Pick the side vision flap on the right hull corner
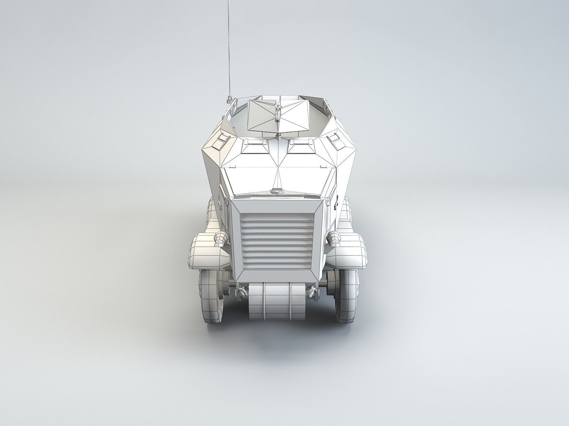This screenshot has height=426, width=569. (334, 139)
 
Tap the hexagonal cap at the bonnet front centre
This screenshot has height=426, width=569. (278, 191)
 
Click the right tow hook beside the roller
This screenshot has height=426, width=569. (313, 292)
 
